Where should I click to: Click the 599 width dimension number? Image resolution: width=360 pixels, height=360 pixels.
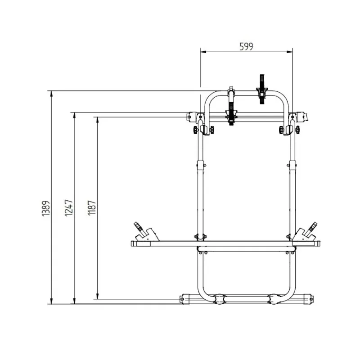[x=246, y=47]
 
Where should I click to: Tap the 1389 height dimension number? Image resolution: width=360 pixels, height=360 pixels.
[x=46, y=208]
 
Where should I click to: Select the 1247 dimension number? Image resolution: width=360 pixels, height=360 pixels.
[x=69, y=208]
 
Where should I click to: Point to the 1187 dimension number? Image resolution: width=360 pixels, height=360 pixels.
[x=92, y=208]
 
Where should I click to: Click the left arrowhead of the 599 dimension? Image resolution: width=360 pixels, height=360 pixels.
[x=203, y=52]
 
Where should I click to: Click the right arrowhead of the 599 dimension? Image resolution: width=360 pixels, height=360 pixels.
[x=290, y=52]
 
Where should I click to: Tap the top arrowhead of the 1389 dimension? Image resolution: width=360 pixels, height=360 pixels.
[x=51, y=94]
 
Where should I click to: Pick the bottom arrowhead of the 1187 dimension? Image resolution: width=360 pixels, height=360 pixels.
[x=97, y=296]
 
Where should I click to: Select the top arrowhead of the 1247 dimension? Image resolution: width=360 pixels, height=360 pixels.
[x=74, y=115]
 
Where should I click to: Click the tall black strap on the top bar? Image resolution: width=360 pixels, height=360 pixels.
[x=262, y=89]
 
